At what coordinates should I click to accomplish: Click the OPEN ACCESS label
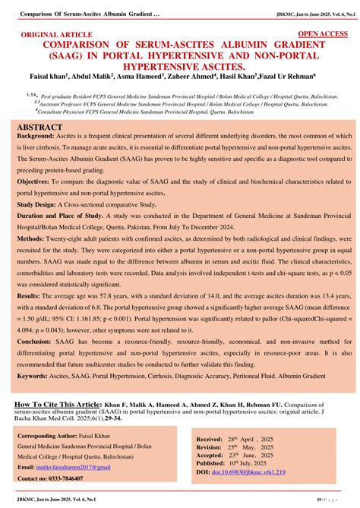click(x=323, y=34)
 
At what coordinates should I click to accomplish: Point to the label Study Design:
click(x=43, y=206)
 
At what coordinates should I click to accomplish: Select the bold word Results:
click(x=33, y=294)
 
